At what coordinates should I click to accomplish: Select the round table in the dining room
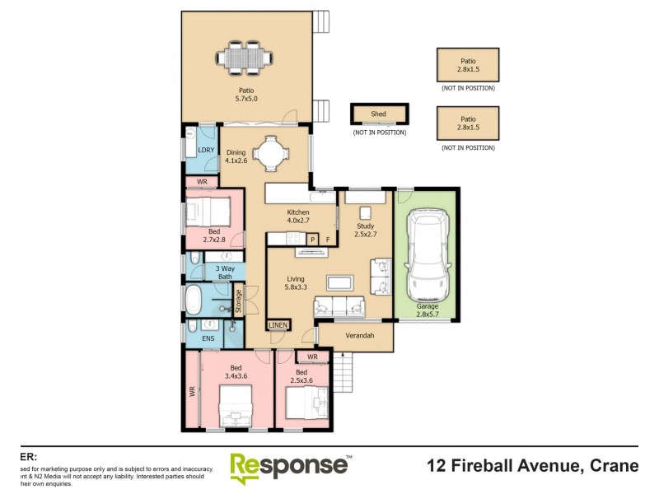point(269,153)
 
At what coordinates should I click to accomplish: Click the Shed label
point(368,114)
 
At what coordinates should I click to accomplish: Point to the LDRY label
point(206,150)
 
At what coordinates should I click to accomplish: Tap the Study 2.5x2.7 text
point(366,230)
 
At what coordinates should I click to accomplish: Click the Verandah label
point(359,336)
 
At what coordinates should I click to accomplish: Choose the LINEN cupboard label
point(278,325)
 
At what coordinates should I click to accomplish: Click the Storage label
point(239,300)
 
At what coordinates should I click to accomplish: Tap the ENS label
point(207,338)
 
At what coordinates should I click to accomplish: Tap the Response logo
point(288,467)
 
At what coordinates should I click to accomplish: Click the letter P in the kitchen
point(312,239)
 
